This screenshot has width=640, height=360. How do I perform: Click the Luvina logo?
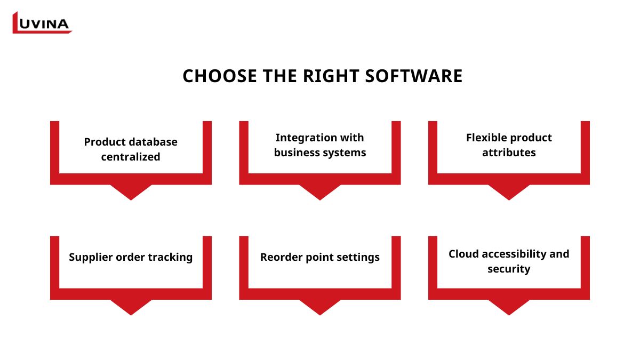[42, 22]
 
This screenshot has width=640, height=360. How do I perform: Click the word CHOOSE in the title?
[220, 76]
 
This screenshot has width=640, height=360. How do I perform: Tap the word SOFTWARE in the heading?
[414, 76]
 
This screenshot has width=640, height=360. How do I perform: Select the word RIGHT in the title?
[331, 76]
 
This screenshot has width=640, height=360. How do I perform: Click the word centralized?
[131, 157]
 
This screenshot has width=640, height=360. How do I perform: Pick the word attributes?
[509, 153]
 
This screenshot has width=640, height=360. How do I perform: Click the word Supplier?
[91, 258]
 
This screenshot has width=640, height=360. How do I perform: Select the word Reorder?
[281, 257]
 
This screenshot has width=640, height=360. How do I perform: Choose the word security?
[509, 269]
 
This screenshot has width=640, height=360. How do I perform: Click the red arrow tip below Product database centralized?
[131, 200]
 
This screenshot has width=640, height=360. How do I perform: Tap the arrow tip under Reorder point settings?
[320, 315]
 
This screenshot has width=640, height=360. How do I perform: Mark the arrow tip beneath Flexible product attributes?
[509, 200]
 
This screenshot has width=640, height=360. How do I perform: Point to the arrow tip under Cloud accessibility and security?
[509, 315]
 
